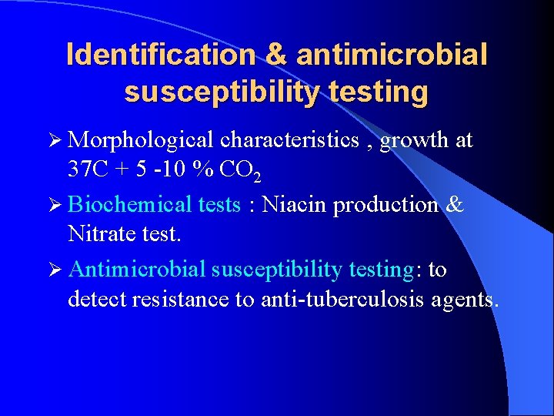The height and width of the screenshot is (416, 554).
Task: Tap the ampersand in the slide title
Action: coord(275,55)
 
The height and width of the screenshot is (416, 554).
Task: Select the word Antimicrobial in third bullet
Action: coord(137,270)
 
